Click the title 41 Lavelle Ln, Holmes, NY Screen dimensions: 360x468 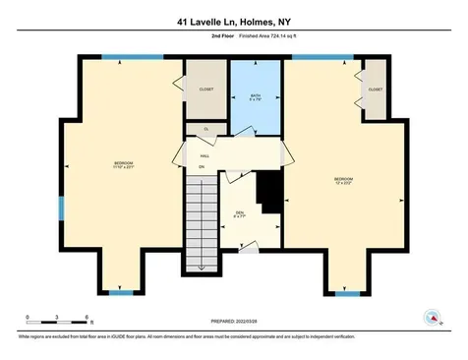tap(233, 17)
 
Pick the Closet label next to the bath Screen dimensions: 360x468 tap(205, 90)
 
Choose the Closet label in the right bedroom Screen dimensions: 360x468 tap(375, 90)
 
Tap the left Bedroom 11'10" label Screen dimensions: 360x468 tap(123, 164)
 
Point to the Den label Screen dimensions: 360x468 tap(239, 214)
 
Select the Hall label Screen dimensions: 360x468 tap(205, 155)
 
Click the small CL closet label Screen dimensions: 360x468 tap(205, 129)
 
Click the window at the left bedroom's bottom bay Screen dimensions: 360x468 tap(121, 292)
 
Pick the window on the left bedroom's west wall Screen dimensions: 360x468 tap(61, 208)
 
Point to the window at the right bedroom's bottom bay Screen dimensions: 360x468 tap(346, 292)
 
